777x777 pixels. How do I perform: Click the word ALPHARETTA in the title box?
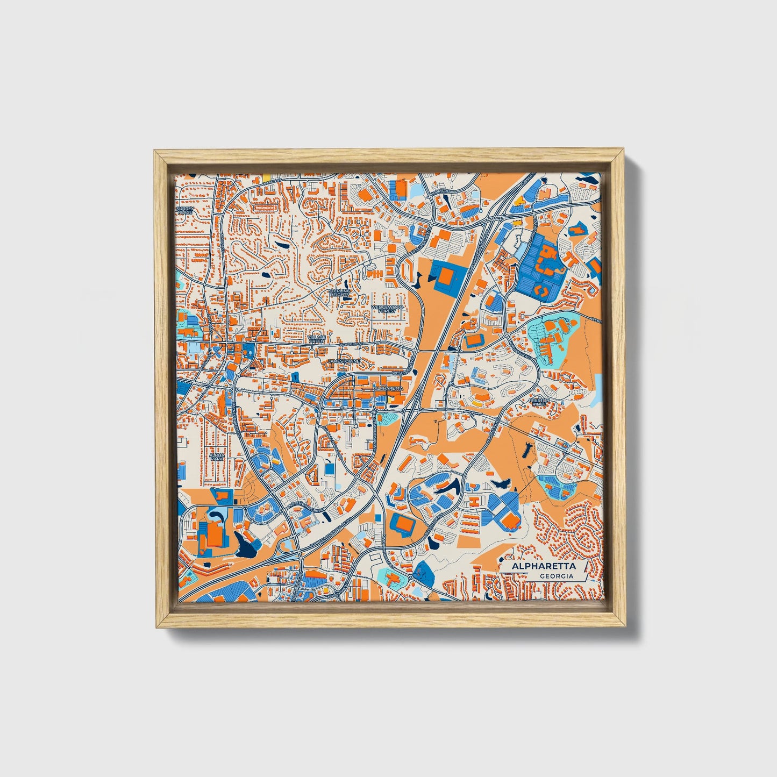click(x=543, y=566)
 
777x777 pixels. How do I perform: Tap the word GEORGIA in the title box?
click(x=556, y=576)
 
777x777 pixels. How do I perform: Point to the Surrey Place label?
click(x=184, y=210)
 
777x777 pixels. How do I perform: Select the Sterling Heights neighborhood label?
click(x=339, y=293)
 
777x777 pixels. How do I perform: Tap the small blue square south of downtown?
click(x=329, y=469)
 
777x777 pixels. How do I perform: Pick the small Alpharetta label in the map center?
click(x=388, y=387)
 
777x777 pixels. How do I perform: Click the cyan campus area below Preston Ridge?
click(x=558, y=487)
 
